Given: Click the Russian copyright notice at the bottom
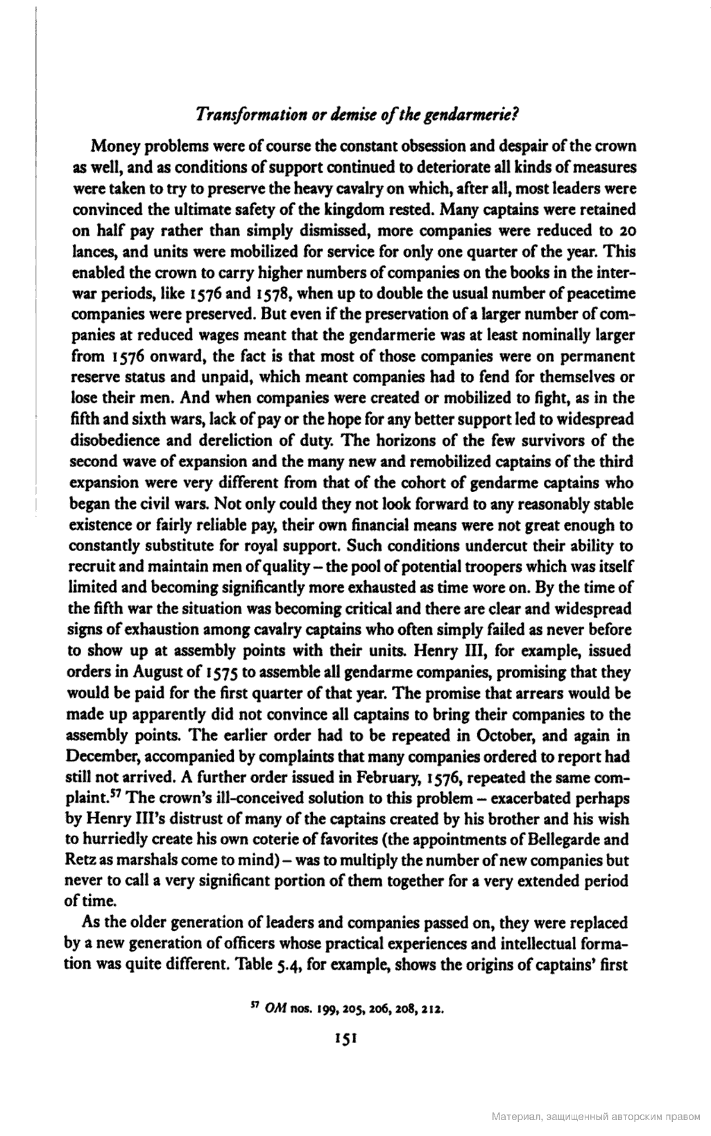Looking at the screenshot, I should click(x=595, y=1117).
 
